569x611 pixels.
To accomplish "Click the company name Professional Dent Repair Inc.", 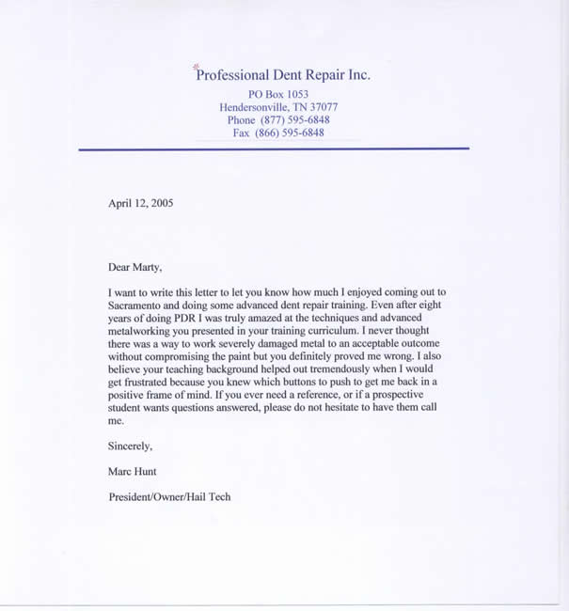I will click(282, 75).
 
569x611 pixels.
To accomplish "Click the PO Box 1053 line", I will click(277, 95).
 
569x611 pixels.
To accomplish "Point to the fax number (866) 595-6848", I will click(291, 133).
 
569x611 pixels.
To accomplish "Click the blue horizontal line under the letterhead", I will click(273, 149).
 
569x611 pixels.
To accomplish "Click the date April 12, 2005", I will click(140, 202).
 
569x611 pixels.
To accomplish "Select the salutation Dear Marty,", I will click(135, 267).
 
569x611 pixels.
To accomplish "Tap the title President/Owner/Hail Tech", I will click(169, 496).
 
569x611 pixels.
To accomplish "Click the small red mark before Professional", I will click(196, 66).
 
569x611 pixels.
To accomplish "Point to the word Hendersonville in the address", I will click(254, 108).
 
